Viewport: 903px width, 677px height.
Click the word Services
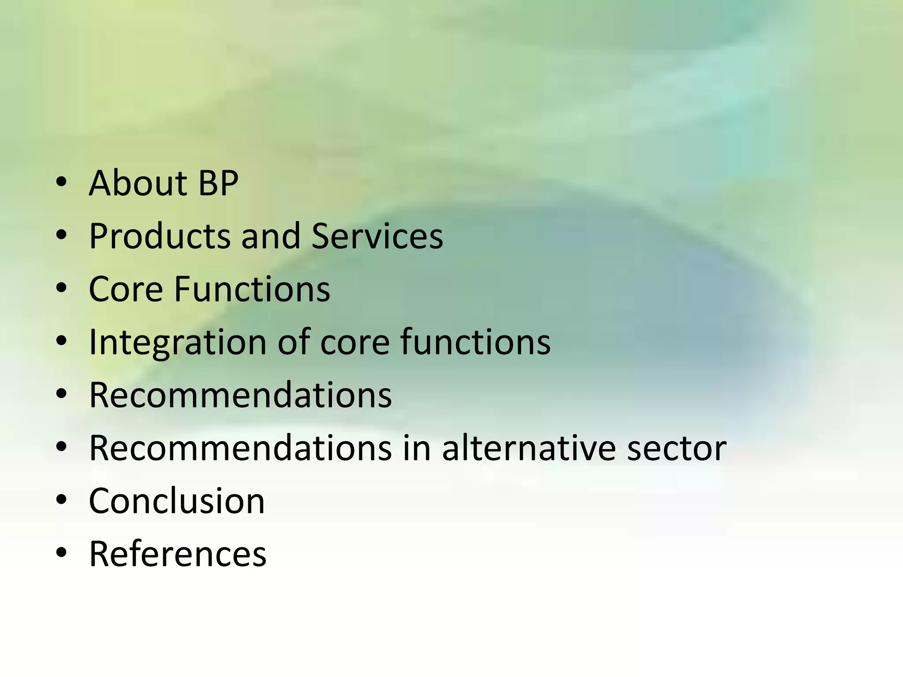[377, 236]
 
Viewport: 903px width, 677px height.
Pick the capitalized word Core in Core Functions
[126, 289]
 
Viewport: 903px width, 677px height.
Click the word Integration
[178, 343]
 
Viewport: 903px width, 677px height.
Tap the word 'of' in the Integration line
[294, 342]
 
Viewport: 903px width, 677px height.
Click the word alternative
[529, 448]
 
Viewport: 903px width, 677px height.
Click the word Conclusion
[177, 501]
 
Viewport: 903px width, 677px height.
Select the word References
[178, 554]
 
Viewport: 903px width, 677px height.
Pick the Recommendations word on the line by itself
[240, 395]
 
